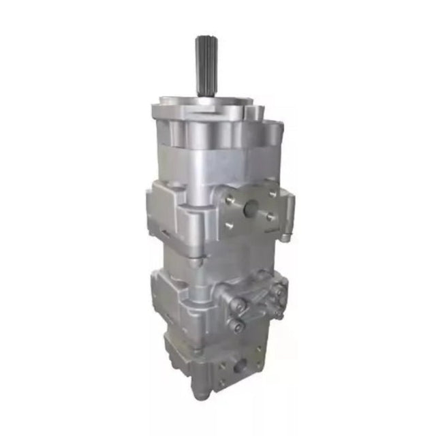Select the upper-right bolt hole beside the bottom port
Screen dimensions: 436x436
click(x=258, y=349)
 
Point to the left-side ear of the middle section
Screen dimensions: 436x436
click(x=154, y=208)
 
